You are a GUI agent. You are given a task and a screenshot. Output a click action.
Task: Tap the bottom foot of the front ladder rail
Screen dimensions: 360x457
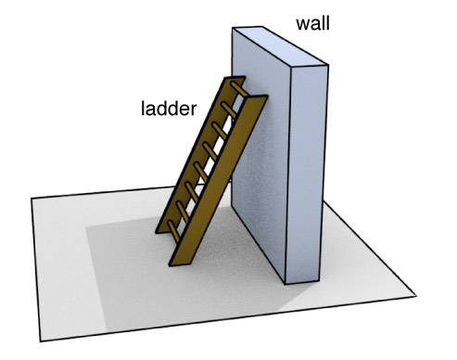point(177,261)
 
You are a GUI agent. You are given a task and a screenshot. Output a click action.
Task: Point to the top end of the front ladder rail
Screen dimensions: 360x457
point(259,97)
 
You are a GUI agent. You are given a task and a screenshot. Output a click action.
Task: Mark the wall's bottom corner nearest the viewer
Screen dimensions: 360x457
point(285,283)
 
